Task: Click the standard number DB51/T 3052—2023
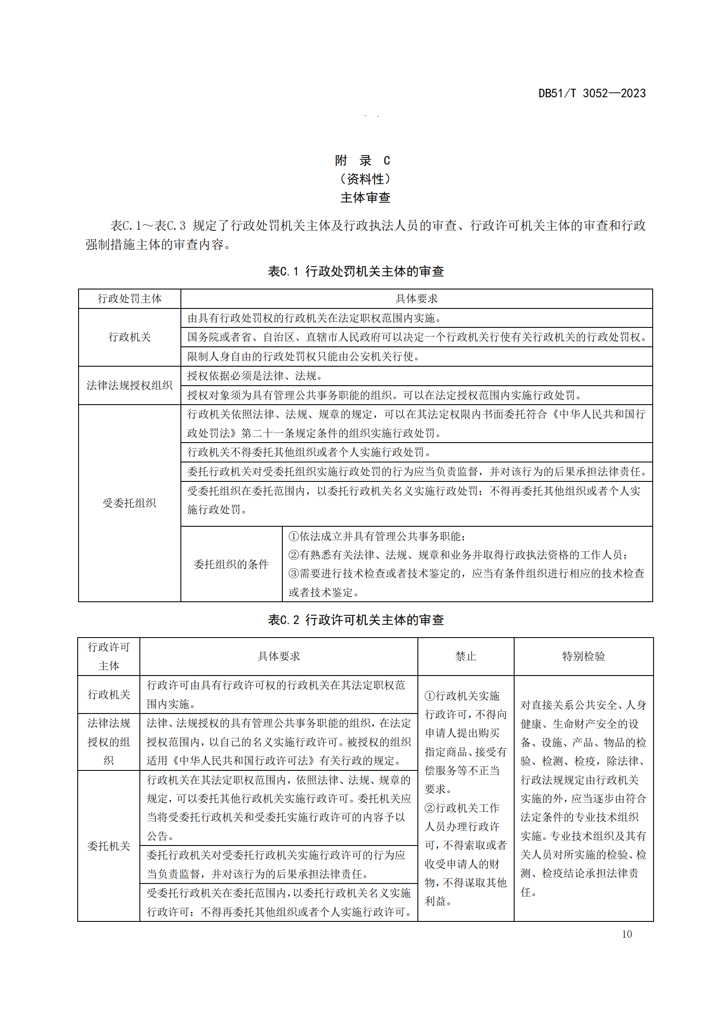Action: point(592,93)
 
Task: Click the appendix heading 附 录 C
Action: point(362,160)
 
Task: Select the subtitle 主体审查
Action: point(365,198)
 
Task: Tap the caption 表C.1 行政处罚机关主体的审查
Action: point(356,272)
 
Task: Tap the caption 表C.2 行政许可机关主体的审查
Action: point(356,620)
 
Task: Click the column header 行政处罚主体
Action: point(130,299)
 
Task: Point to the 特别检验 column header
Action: point(584,657)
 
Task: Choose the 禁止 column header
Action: point(466,657)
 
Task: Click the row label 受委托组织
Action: point(130,503)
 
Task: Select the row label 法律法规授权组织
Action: point(130,385)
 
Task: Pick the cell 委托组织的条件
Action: point(231,564)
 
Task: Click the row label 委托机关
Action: point(109,846)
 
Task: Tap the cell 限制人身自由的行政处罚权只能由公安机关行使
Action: point(303,356)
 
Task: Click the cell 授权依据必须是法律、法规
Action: point(255,376)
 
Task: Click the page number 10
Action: point(626,934)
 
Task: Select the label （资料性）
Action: point(365,179)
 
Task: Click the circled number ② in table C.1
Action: point(294,555)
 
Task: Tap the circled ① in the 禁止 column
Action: point(430,696)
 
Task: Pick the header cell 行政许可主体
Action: point(109,657)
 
